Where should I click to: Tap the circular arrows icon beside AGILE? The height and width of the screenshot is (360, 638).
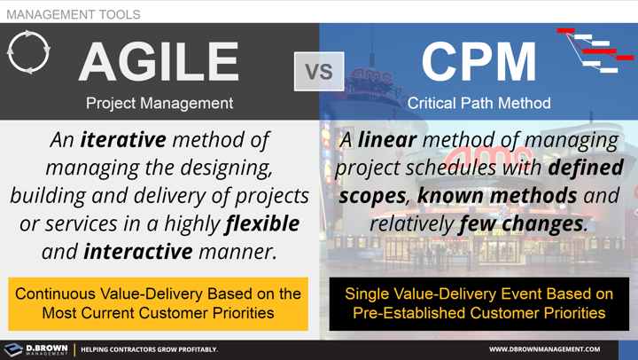pyautogui.click(x=28, y=53)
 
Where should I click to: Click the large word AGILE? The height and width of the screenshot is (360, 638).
pyautogui.click(x=159, y=62)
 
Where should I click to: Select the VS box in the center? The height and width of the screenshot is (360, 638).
pyautogui.click(x=319, y=71)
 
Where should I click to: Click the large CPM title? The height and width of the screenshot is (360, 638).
pyautogui.click(x=478, y=62)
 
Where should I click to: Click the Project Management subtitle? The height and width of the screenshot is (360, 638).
pyautogui.click(x=159, y=103)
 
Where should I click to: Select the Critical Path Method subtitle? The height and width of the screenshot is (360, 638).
pyautogui.click(x=478, y=103)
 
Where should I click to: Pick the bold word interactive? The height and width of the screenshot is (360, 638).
pyautogui.click(x=138, y=251)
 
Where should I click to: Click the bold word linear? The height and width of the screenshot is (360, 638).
pyautogui.click(x=389, y=140)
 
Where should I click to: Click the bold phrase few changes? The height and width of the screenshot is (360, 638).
pyautogui.click(x=522, y=223)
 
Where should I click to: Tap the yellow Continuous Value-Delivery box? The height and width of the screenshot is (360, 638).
pyautogui.click(x=159, y=303)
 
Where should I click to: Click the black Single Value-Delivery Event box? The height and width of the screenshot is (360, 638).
pyautogui.click(x=478, y=303)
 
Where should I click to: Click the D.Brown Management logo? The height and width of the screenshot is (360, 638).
pyautogui.click(x=35, y=349)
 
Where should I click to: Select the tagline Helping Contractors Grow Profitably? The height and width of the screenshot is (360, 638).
pyautogui.click(x=149, y=349)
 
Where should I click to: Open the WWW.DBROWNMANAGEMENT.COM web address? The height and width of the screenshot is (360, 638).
pyautogui.click(x=544, y=349)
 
